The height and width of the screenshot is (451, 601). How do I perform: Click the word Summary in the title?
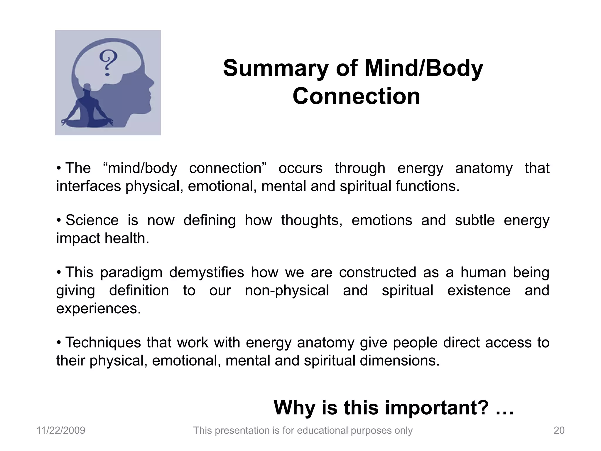275,68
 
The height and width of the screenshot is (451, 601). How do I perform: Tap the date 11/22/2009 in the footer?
61,430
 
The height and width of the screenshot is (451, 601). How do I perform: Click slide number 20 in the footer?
559,430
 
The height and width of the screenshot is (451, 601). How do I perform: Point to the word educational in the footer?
323,430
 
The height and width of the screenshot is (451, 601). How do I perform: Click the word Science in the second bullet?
92,220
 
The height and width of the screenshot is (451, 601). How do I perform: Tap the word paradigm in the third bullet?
131,272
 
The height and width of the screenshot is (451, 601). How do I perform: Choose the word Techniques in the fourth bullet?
103,343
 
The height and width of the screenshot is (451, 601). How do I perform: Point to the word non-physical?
287,291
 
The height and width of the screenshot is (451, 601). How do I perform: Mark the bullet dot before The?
59,168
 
